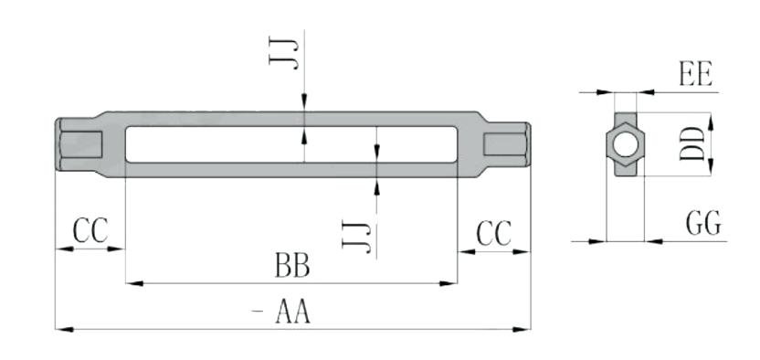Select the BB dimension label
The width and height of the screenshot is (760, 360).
[x=292, y=265]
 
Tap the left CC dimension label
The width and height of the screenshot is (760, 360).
[x=90, y=230]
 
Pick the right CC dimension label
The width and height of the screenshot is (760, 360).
[x=494, y=233]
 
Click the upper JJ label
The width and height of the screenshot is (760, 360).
[x=283, y=52]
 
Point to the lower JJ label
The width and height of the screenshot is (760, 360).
[x=356, y=236]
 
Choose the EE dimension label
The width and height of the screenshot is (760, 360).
[x=696, y=75]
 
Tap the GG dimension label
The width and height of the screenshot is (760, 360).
[x=703, y=223]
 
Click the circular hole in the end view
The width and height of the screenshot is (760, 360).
[x=626, y=145]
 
